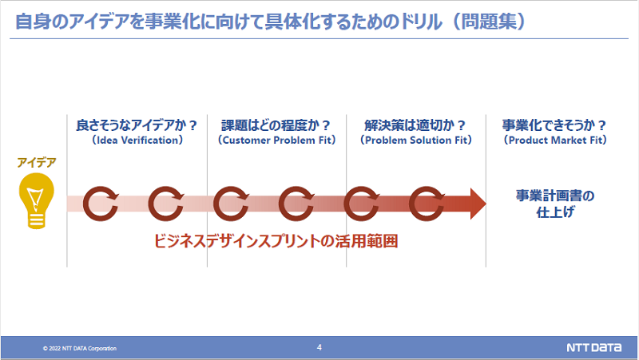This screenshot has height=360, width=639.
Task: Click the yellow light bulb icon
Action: pyautogui.click(x=36, y=201)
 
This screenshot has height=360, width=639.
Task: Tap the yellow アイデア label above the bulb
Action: pyautogui.click(x=37, y=164)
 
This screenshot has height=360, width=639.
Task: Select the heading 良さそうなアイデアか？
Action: pyautogui.click(x=137, y=125)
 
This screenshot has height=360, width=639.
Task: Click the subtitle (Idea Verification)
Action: pyautogui.click(x=137, y=140)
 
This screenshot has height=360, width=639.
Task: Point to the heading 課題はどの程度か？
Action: pyautogui.click(x=276, y=125)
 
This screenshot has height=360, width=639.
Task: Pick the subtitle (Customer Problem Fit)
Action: pyautogui.click(x=276, y=140)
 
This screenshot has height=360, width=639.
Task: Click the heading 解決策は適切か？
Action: pyautogui.click(x=415, y=125)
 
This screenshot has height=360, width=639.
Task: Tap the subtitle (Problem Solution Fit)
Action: pyautogui.click(x=415, y=140)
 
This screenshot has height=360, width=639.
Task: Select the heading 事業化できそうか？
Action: pyautogui.click(x=555, y=125)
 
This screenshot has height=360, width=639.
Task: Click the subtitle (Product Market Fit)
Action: pyautogui.click(x=555, y=140)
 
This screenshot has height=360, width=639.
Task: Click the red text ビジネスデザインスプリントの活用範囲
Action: pyautogui.click(x=276, y=240)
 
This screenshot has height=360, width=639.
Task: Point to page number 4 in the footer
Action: pyautogui.click(x=319, y=347)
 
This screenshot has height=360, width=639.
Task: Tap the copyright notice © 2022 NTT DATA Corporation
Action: pyautogui.click(x=80, y=349)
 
